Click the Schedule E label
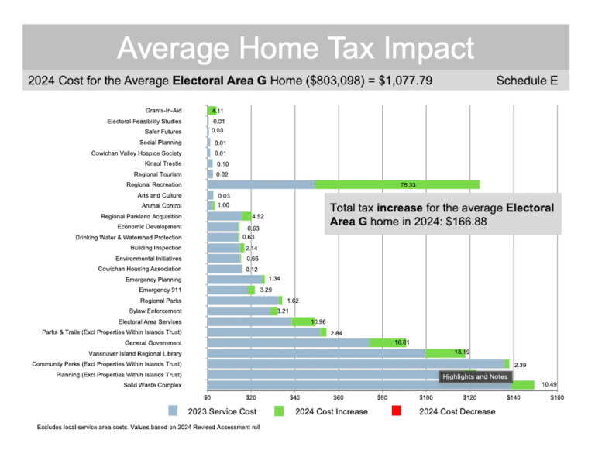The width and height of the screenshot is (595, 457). [526, 80]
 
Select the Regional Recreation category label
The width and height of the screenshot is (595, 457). [154, 184]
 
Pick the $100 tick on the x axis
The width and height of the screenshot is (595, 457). [425, 397]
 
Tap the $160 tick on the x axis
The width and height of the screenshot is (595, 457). [556, 397]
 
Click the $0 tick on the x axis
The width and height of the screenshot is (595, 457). [207, 397]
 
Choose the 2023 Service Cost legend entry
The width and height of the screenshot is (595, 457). [211, 411]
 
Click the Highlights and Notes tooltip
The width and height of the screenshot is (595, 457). [475, 376]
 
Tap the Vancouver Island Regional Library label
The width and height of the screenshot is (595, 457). [135, 352]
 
